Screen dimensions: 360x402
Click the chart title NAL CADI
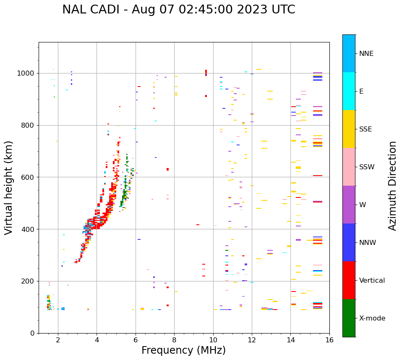click(178, 10)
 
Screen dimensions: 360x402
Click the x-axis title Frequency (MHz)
click(183, 350)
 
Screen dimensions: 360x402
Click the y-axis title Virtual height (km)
click(9, 187)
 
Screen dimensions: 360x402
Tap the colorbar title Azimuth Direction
click(392, 186)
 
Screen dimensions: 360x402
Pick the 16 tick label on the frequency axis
click(329, 340)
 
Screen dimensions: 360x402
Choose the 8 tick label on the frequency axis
click(174, 340)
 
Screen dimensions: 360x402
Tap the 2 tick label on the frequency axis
click(58, 340)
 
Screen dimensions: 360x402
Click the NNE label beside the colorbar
click(366, 54)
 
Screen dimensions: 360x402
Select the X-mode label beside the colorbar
click(372, 318)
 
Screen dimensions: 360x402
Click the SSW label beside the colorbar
click(367, 167)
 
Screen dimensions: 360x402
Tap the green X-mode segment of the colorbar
click(349, 318)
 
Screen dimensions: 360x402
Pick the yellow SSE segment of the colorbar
click(349, 129)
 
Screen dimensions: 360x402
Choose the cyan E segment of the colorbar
click(349, 91)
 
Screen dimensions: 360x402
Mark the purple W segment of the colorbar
click(349, 205)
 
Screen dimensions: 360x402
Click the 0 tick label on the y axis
click(32, 333)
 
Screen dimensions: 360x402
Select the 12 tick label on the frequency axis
click(252, 340)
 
